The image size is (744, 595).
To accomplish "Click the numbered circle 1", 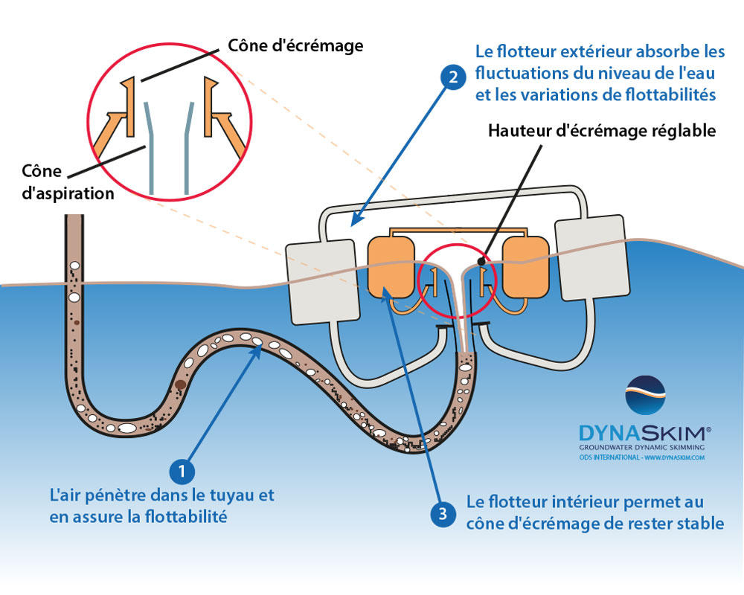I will pos(182,469).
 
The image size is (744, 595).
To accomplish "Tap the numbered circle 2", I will pos(452,77).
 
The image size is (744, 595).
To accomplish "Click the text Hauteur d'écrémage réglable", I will pos(601,130).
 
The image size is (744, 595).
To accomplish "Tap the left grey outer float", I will pos(321,282).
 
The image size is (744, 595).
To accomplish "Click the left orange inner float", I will pos(391,266).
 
